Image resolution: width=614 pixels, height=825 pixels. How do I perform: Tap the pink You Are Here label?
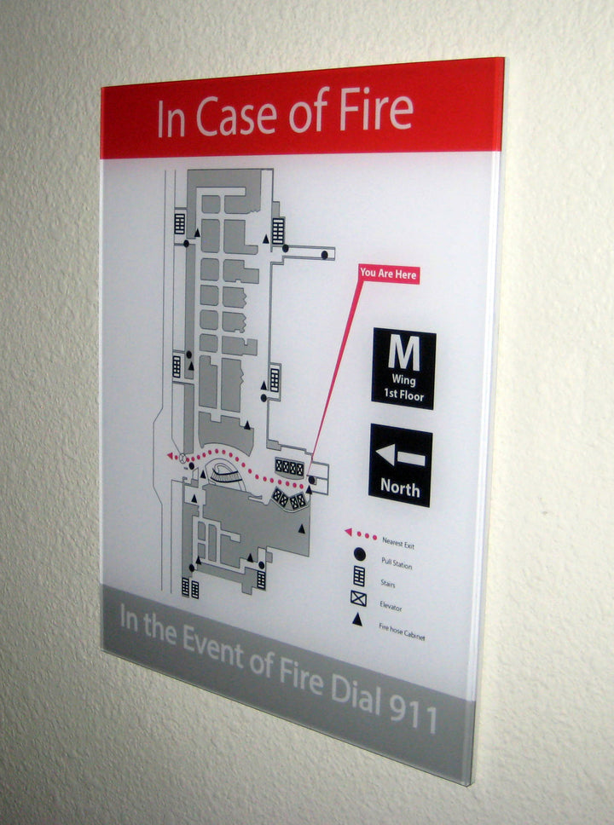coord(388,274)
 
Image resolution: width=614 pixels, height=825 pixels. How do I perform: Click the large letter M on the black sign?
coord(403,351)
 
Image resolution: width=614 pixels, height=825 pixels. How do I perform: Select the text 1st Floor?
coord(403,395)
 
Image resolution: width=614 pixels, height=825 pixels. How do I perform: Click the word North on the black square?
coord(400,488)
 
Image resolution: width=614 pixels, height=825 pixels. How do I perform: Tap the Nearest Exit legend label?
coord(398,543)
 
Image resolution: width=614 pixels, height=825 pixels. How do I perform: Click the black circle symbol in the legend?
coord(359,555)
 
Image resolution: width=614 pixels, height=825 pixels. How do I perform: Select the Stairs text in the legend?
coord(388,585)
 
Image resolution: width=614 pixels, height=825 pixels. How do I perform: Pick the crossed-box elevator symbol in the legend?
coord(358,598)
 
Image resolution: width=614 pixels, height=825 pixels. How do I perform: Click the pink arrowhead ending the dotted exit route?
coord(171,457)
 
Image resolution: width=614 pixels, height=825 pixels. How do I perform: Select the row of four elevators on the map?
coord(289,467)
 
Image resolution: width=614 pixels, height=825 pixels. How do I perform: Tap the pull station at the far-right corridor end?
coord(324,254)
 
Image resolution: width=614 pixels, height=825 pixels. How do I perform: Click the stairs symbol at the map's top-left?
coord(180,222)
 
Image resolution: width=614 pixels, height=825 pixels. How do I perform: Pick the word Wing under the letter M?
coord(403,381)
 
